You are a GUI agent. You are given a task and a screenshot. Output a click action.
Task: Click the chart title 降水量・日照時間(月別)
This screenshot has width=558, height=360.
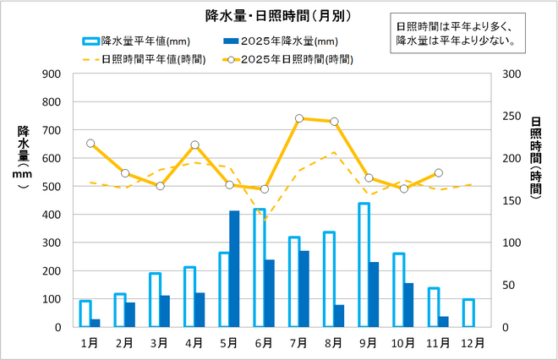point(278,15)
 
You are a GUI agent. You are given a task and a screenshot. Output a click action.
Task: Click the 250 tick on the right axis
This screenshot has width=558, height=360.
point(510,117)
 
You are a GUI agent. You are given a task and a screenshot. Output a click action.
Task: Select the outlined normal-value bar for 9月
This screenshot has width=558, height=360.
point(364,265)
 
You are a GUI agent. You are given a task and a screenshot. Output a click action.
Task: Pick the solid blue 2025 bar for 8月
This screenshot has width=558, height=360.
point(338,316)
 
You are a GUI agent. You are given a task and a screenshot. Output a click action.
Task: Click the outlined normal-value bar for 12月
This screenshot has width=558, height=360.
point(468,313)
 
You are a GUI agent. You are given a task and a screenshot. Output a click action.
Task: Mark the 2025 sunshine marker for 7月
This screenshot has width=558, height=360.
point(299,118)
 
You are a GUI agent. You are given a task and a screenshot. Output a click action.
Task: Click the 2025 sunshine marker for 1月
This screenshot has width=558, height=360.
point(90,144)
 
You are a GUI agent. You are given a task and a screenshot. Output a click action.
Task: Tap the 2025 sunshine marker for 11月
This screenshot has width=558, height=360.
point(438,173)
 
